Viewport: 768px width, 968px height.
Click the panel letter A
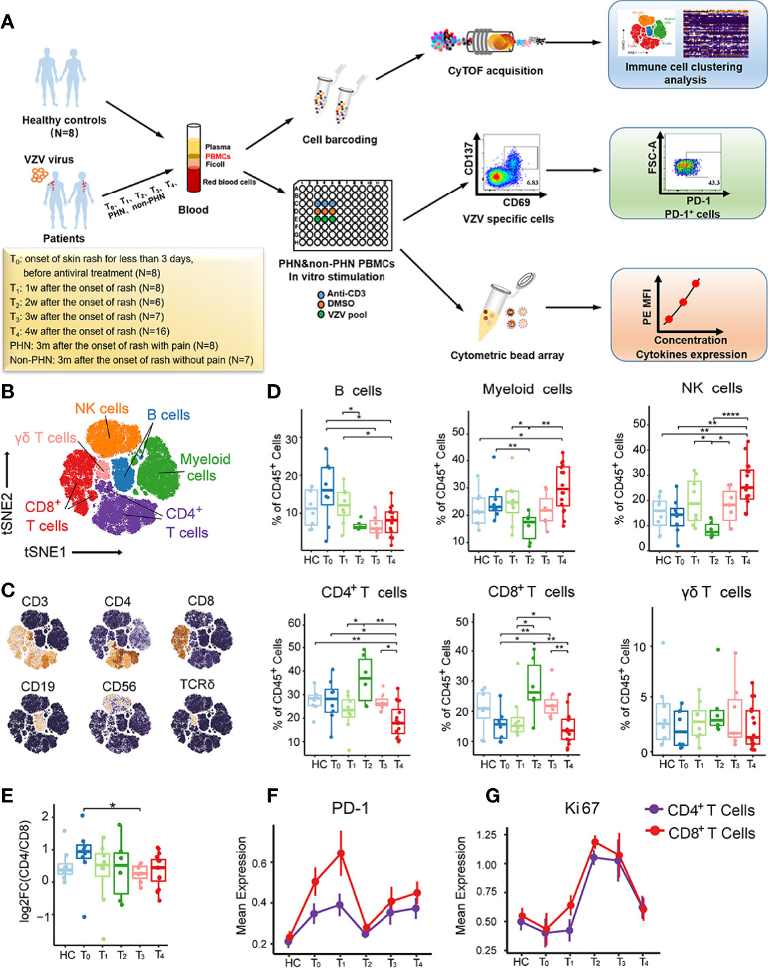(7, 21)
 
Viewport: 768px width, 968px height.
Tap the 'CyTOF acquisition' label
(495, 71)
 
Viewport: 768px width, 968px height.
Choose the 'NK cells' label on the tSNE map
(101, 409)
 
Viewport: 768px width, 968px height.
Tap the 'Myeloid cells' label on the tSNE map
(204, 467)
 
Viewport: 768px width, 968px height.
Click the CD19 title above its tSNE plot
(38, 686)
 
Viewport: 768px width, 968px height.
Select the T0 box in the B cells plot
(327, 488)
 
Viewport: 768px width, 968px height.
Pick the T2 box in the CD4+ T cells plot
(366, 678)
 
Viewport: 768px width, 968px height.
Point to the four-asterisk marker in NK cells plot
(730, 415)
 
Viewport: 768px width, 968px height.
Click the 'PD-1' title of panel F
(350, 808)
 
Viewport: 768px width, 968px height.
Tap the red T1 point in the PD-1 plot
(340, 853)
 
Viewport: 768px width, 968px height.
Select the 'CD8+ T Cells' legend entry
(701, 833)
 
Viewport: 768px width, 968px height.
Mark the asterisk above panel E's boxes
(113, 806)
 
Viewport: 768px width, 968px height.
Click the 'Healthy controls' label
(64, 121)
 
